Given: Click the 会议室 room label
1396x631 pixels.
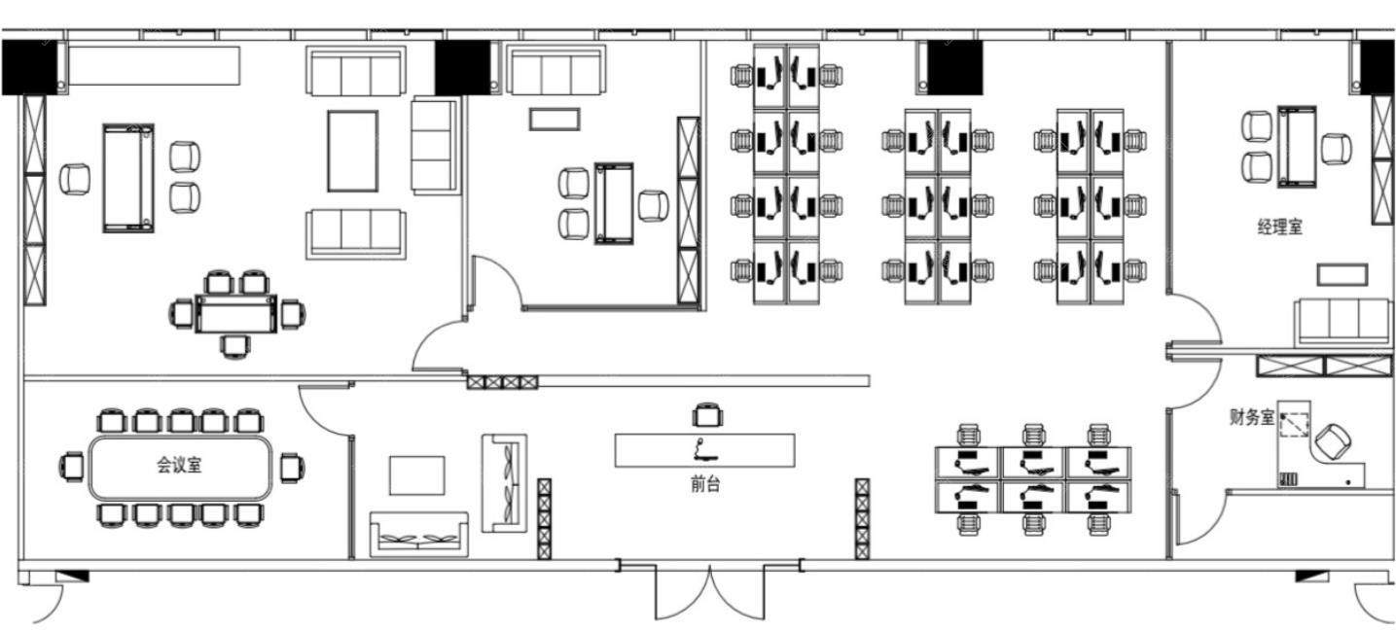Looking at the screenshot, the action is point(179,465).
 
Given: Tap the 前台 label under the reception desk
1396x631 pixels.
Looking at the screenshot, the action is point(705,484).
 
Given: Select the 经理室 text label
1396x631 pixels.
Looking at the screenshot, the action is point(1280,227).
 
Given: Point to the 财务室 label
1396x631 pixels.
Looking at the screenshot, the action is point(1252,417).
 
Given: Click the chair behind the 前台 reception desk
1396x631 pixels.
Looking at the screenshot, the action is point(707,415).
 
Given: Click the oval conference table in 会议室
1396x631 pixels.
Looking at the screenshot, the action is point(180,468).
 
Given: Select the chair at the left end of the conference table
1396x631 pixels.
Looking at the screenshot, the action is point(72,467).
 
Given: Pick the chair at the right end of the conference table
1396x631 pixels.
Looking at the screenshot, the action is point(291,468).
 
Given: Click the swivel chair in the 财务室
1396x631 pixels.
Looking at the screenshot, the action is point(1333,441).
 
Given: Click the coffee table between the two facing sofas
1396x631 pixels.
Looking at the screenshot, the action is point(353,151).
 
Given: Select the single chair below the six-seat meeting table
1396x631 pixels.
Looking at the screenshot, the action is point(235,346).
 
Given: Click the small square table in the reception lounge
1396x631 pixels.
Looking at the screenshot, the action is point(417,475).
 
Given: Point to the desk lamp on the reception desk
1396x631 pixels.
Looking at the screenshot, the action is point(704,450).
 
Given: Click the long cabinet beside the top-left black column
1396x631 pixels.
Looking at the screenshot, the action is point(154,65).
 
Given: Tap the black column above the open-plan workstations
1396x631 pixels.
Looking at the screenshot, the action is point(954,68).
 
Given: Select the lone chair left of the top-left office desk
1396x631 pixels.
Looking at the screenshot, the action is point(75,179).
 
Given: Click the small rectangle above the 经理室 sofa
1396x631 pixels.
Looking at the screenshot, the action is point(1342,274).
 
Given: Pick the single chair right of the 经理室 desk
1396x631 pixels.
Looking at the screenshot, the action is point(1337,150).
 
